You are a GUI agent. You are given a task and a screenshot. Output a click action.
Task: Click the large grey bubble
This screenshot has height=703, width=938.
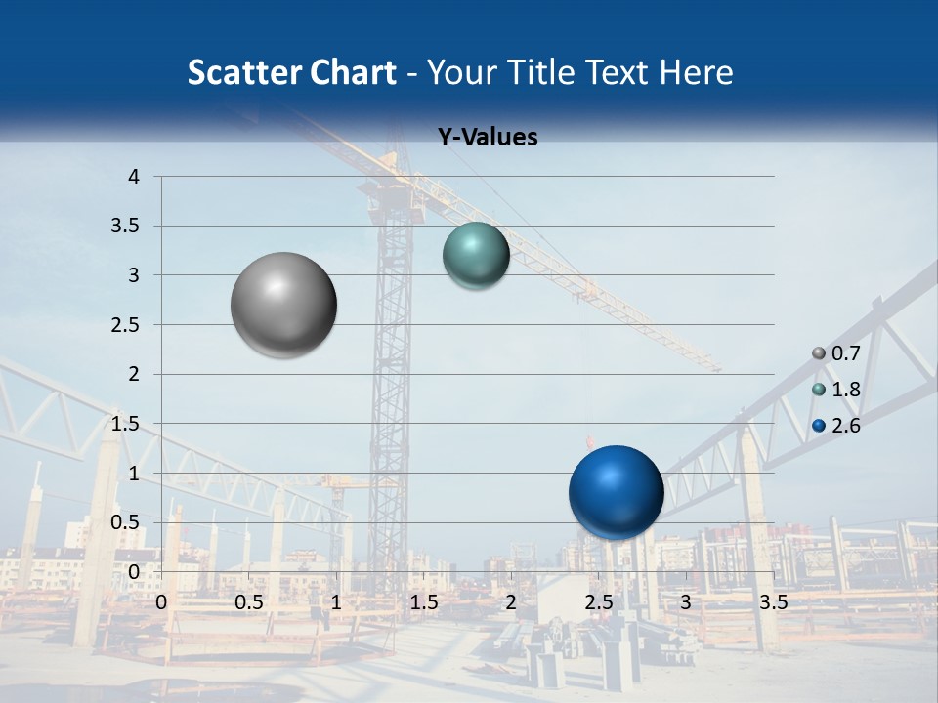pos(284,305)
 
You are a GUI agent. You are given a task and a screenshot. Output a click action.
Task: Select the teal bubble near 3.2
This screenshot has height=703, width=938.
pos(476,255)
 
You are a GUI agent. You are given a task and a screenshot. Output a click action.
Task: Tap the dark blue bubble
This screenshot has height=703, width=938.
pos(616,492)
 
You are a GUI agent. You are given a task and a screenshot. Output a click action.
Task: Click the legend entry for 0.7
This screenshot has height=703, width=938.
pos(836,353)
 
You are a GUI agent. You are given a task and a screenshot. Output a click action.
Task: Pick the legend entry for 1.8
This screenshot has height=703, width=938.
pos(836,390)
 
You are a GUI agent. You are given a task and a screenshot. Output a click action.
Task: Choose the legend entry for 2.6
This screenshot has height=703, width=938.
pos(836,426)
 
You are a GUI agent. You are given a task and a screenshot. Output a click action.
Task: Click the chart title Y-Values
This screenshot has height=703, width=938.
pos(487,138)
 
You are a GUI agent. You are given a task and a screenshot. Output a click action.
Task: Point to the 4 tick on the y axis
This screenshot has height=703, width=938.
pos(135,177)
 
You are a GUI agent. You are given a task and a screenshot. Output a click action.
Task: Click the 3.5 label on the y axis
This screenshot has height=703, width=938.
pos(126,227)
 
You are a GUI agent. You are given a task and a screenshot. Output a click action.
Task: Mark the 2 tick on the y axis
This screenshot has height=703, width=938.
pos(135,374)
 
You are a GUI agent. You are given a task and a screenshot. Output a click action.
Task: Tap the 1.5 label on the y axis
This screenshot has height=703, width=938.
pos(126,424)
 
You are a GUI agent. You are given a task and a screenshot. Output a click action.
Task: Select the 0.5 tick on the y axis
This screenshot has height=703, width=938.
pos(126,522)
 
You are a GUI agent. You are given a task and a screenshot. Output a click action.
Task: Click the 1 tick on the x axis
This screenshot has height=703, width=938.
pos(336,602)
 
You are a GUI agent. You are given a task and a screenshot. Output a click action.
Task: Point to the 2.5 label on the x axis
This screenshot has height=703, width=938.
pos(598,602)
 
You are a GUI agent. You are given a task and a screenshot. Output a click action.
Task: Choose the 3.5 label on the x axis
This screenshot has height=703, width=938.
pos(773,602)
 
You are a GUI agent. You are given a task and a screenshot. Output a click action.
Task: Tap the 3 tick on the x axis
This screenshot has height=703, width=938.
pos(686,602)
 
